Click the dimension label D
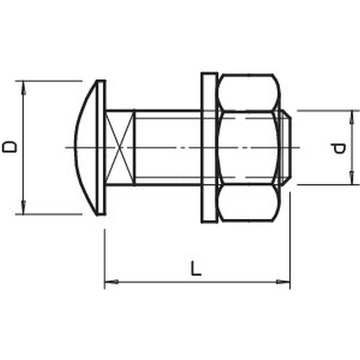[9, 147]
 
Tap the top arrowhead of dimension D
[23, 88]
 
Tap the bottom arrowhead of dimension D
[23, 207]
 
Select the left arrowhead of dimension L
[112, 282]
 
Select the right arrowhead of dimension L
[283, 282]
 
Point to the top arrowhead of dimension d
[351, 117]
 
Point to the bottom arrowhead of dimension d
[351, 177]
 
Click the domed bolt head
[90, 148]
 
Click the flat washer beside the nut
[209, 148]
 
